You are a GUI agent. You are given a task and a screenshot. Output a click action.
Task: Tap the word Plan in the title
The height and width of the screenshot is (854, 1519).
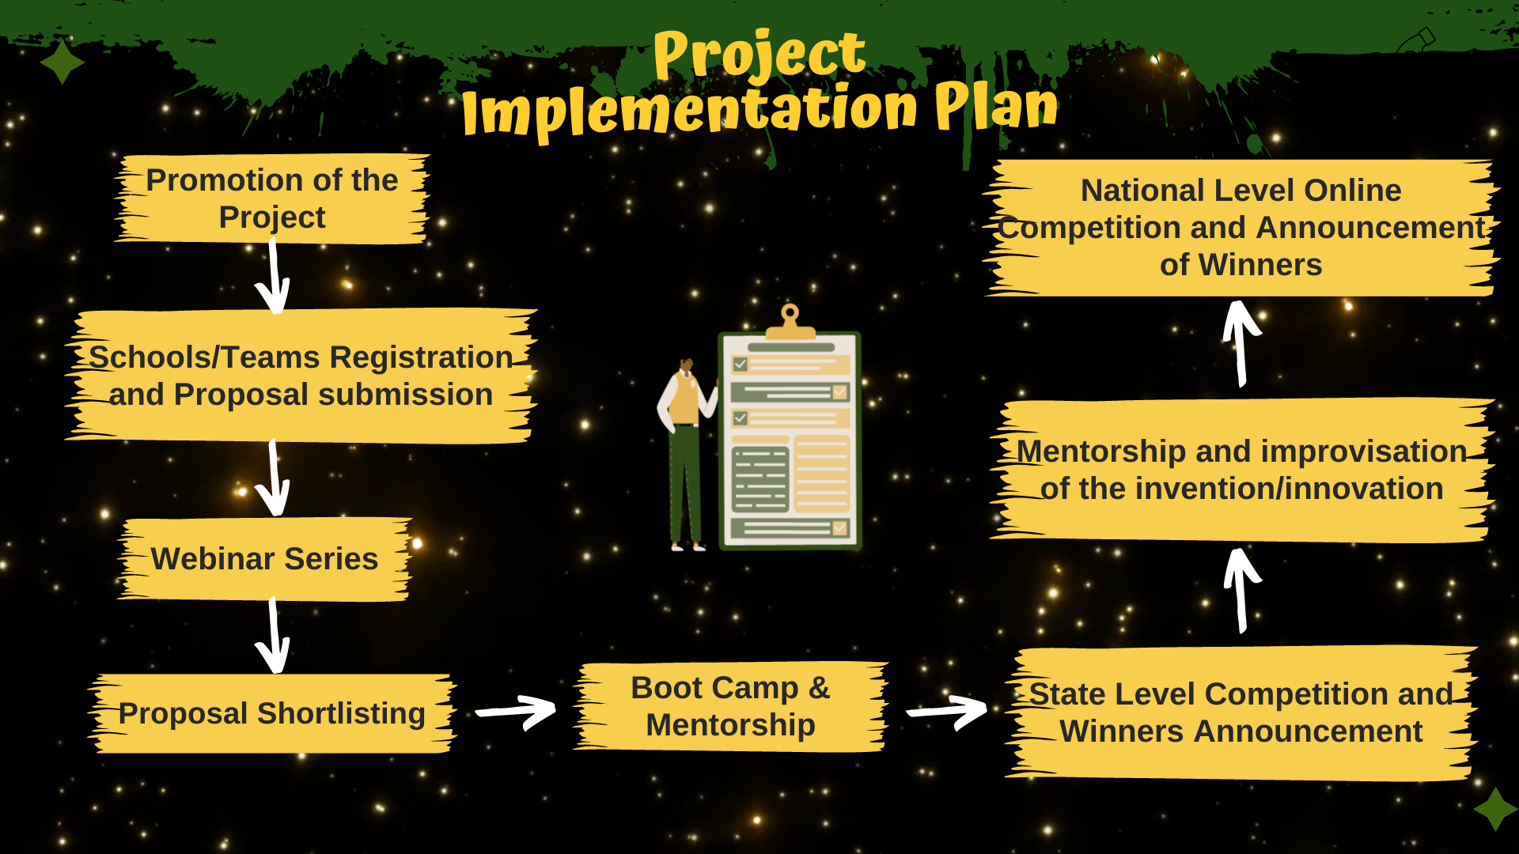pyautogui.click(x=996, y=107)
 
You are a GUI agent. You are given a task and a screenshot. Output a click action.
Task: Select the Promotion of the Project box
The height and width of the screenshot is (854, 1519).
pyautogui.click(x=272, y=198)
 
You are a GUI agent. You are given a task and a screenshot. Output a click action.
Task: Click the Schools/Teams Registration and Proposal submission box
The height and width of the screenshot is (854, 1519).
pyautogui.click(x=301, y=376)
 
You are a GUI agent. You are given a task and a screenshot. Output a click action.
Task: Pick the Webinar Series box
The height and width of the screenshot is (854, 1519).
pyautogui.click(x=265, y=559)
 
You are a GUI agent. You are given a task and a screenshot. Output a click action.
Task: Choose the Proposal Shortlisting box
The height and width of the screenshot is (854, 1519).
pyautogui.click(x=272, y=713)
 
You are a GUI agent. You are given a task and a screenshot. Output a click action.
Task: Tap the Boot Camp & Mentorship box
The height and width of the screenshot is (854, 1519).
pyautogui.click(x=730, y=706)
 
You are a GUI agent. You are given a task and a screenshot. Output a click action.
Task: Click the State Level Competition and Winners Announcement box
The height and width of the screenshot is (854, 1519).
pyautogui.click(x=1241, y=713)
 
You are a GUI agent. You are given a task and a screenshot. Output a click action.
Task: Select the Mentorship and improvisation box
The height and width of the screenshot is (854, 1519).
pyautogui.click(x=1241, y=470)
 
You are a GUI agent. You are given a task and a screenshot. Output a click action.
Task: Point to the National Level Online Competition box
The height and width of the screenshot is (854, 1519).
pyautogui.click(x=1241, y=228)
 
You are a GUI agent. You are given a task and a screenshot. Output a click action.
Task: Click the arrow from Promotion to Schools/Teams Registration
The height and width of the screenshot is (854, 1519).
pyautogui.click(x=274, y=277)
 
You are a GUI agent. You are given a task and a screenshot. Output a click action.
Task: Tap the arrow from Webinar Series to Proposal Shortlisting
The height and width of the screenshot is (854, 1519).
pyautogui.click(x=274, y=636)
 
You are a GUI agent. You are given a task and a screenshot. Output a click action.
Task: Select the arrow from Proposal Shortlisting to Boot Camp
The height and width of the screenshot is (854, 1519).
pyautogui.click(x=516, y=712)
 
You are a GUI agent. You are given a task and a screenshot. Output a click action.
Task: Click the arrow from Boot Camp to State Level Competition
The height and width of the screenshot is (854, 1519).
pyautogui.click(x=947, y=712)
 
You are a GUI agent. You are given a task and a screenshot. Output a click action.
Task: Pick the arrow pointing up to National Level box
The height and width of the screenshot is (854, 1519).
pyautogui.click(x=1241, y=343)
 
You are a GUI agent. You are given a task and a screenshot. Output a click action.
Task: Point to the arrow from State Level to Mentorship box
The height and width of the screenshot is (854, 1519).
pyautogui.click(x=1242, y=591)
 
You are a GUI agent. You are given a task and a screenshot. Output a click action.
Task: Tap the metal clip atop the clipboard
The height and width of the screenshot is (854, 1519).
pyautogui.click(x=790, y=323)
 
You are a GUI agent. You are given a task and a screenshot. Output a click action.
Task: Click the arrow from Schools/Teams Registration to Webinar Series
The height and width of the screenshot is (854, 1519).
pyautogui.click(x=274, y=478)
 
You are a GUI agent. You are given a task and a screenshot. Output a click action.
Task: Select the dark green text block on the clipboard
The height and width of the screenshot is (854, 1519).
pyautogui.click(x=760, y=479)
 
